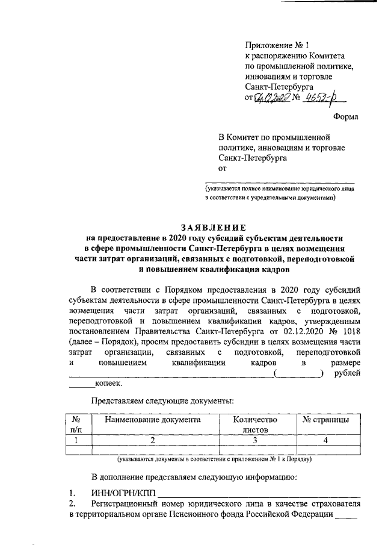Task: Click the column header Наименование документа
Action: pyautogui.click(x=152, y=419)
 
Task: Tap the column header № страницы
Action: pyautogui.click(x=325, y=419)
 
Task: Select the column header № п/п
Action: pyautogui.click(x=76, y=425)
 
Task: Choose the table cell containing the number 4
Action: pyautogui.click(x=325, y=441)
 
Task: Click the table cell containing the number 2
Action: pyautogui.click(x=152, y=441)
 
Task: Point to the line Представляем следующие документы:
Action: pyautogui.click(x=162, y=400)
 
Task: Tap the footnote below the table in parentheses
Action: pyautogui.click(x=214, y=459)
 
